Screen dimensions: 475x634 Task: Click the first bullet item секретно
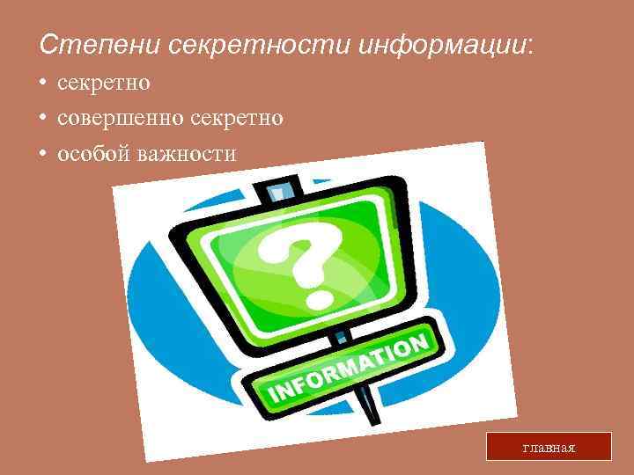[x=104, y=83]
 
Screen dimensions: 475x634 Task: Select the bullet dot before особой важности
[x=42, y=154]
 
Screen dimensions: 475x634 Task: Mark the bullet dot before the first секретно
[x=42, y=84]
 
